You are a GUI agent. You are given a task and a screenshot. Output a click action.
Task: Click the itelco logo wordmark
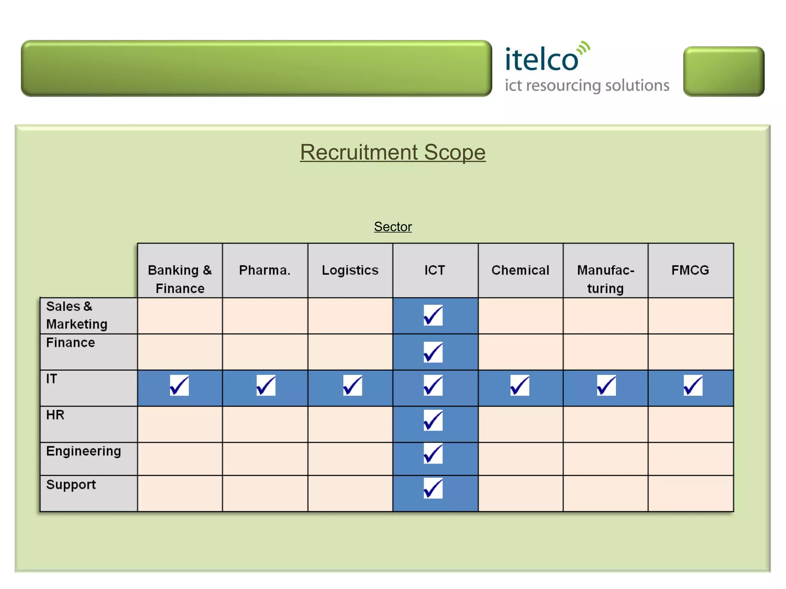542,59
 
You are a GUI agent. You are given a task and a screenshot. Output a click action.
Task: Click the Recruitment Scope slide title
393,152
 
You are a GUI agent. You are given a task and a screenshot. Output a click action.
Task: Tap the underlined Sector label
393,227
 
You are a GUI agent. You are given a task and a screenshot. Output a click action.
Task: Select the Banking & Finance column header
180,279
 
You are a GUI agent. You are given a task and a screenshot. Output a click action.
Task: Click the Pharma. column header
265,270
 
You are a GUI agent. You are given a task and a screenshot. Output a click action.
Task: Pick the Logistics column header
350,270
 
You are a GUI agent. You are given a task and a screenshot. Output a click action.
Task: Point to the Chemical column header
520,270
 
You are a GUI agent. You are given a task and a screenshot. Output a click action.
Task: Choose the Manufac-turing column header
606,279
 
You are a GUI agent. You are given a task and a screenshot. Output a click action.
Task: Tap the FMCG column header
690,270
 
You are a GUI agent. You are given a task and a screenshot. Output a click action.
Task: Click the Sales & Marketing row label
77,315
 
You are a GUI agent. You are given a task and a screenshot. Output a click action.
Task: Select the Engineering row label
84,451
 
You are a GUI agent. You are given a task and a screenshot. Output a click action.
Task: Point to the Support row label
71,485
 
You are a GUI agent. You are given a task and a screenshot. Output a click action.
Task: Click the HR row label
55,415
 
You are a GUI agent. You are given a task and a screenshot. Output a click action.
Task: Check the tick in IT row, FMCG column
693,385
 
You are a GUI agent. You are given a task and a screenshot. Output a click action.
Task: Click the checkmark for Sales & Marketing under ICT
433,315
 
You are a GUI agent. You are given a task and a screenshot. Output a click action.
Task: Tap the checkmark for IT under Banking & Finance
179,385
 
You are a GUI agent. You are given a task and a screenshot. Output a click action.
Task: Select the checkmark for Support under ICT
433,488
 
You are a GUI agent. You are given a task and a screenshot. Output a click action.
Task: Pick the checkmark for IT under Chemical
520,385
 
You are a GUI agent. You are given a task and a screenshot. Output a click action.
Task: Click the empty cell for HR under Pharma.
265,424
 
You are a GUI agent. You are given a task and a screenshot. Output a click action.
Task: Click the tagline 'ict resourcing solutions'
587,86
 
